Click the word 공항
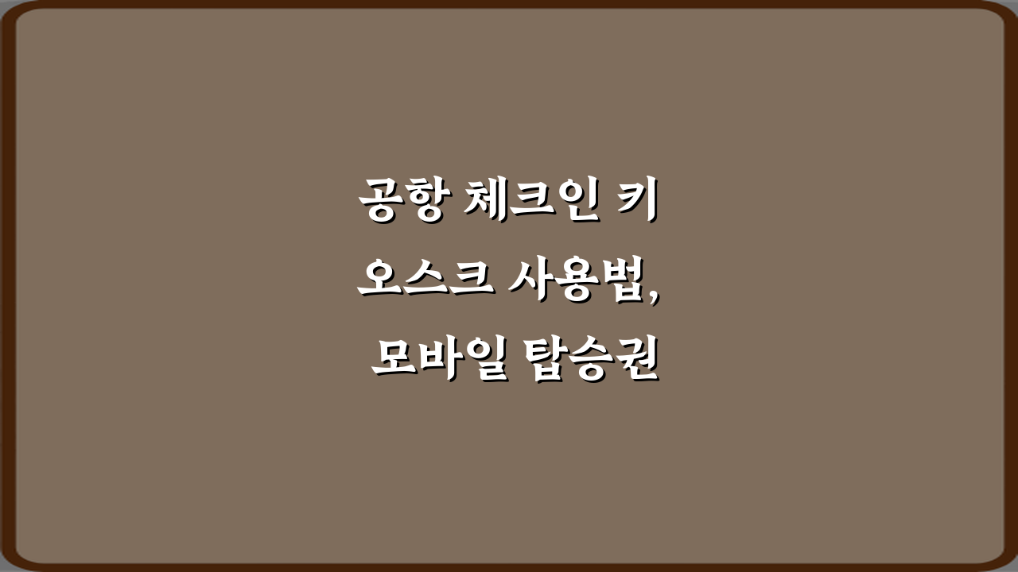click(402, 201)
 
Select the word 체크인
click(529, 201)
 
